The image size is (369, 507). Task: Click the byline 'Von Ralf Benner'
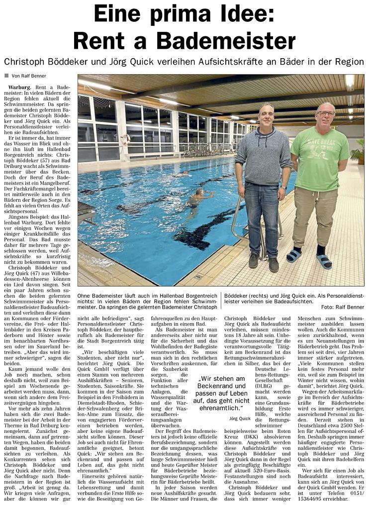coord(30,76)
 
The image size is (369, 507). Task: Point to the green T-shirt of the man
coord(320,159)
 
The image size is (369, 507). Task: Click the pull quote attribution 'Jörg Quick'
coord(241,419)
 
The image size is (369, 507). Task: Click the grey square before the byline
coord(6,76)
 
